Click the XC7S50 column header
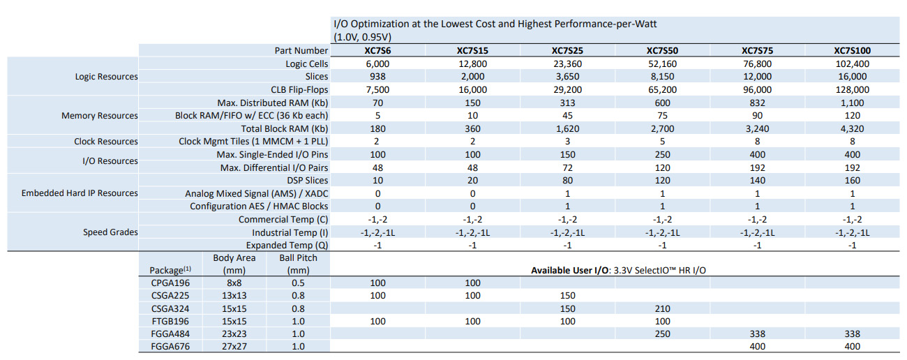(662, 51)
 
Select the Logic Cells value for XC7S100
(852, 63)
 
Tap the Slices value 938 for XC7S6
(377, 77)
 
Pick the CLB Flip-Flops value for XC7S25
(567, 89)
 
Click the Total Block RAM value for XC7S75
(757, 128)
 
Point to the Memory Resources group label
(100, 115)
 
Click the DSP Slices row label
(307, 180)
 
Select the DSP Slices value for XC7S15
(472, 180)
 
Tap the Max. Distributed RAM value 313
(567, 103)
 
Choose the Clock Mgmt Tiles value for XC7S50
(662, 142)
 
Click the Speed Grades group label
(110, 232)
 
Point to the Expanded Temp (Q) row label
(287, 245)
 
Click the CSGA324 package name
(170, 308)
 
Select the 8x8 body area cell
(234, 283)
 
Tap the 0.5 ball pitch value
(298, 283)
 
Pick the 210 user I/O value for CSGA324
(662, 308)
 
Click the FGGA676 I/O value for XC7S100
(852, 346)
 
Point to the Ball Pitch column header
(298, 264)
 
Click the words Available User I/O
(569, 270)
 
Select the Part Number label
(301, 51)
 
